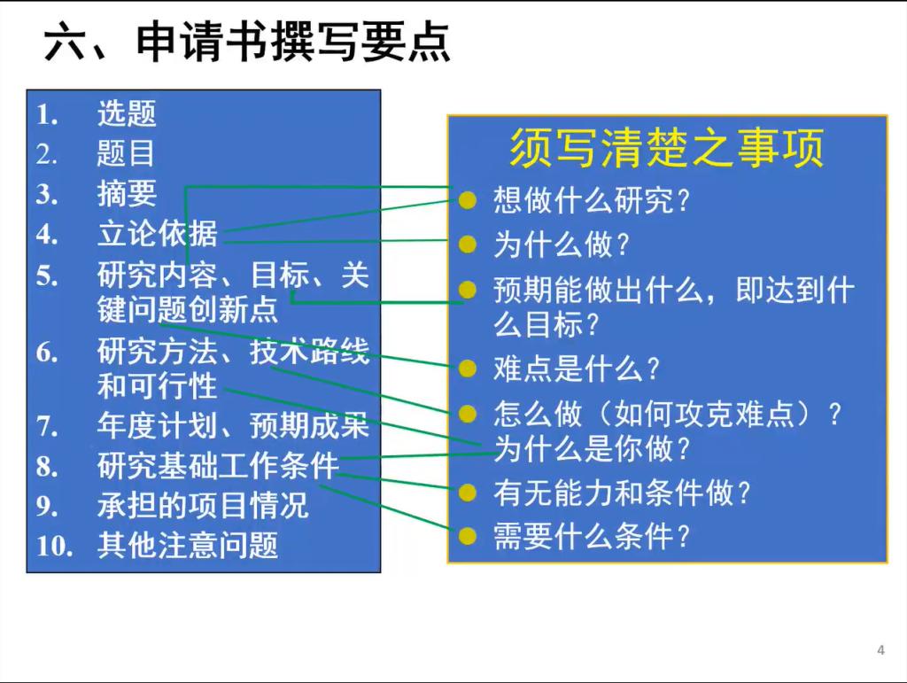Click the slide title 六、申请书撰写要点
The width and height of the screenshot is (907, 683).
coord(247,42)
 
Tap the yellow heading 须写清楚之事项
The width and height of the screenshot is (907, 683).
coord(666,148)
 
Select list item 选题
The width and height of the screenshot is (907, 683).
coord(127,113)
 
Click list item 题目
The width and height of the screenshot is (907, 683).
coord(126,154)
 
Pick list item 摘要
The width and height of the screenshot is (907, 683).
coord(127,193)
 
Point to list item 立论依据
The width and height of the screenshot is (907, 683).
coord(158,234)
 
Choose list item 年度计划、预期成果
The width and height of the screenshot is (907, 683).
coord(233,425)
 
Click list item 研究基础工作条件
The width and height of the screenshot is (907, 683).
coord(218,466)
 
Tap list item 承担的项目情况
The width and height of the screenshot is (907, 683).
coord(203,506)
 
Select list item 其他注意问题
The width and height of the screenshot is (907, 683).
coord(188,546)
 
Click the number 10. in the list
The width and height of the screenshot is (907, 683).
coord(54,546)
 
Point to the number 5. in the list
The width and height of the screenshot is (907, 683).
coord(47,276)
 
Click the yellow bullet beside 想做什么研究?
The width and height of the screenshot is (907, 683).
coord(467,201)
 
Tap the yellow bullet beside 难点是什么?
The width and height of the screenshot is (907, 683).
coord(467,369)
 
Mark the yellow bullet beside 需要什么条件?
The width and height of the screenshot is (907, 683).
coord(467,536)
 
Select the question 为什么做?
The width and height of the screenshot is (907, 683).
coord(561,244)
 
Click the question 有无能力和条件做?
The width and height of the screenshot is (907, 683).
coord(622,493)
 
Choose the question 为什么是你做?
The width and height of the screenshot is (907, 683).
coord(592,448)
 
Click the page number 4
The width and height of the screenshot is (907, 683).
coord(880,650)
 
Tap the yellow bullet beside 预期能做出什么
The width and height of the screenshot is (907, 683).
coord(467,289)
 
